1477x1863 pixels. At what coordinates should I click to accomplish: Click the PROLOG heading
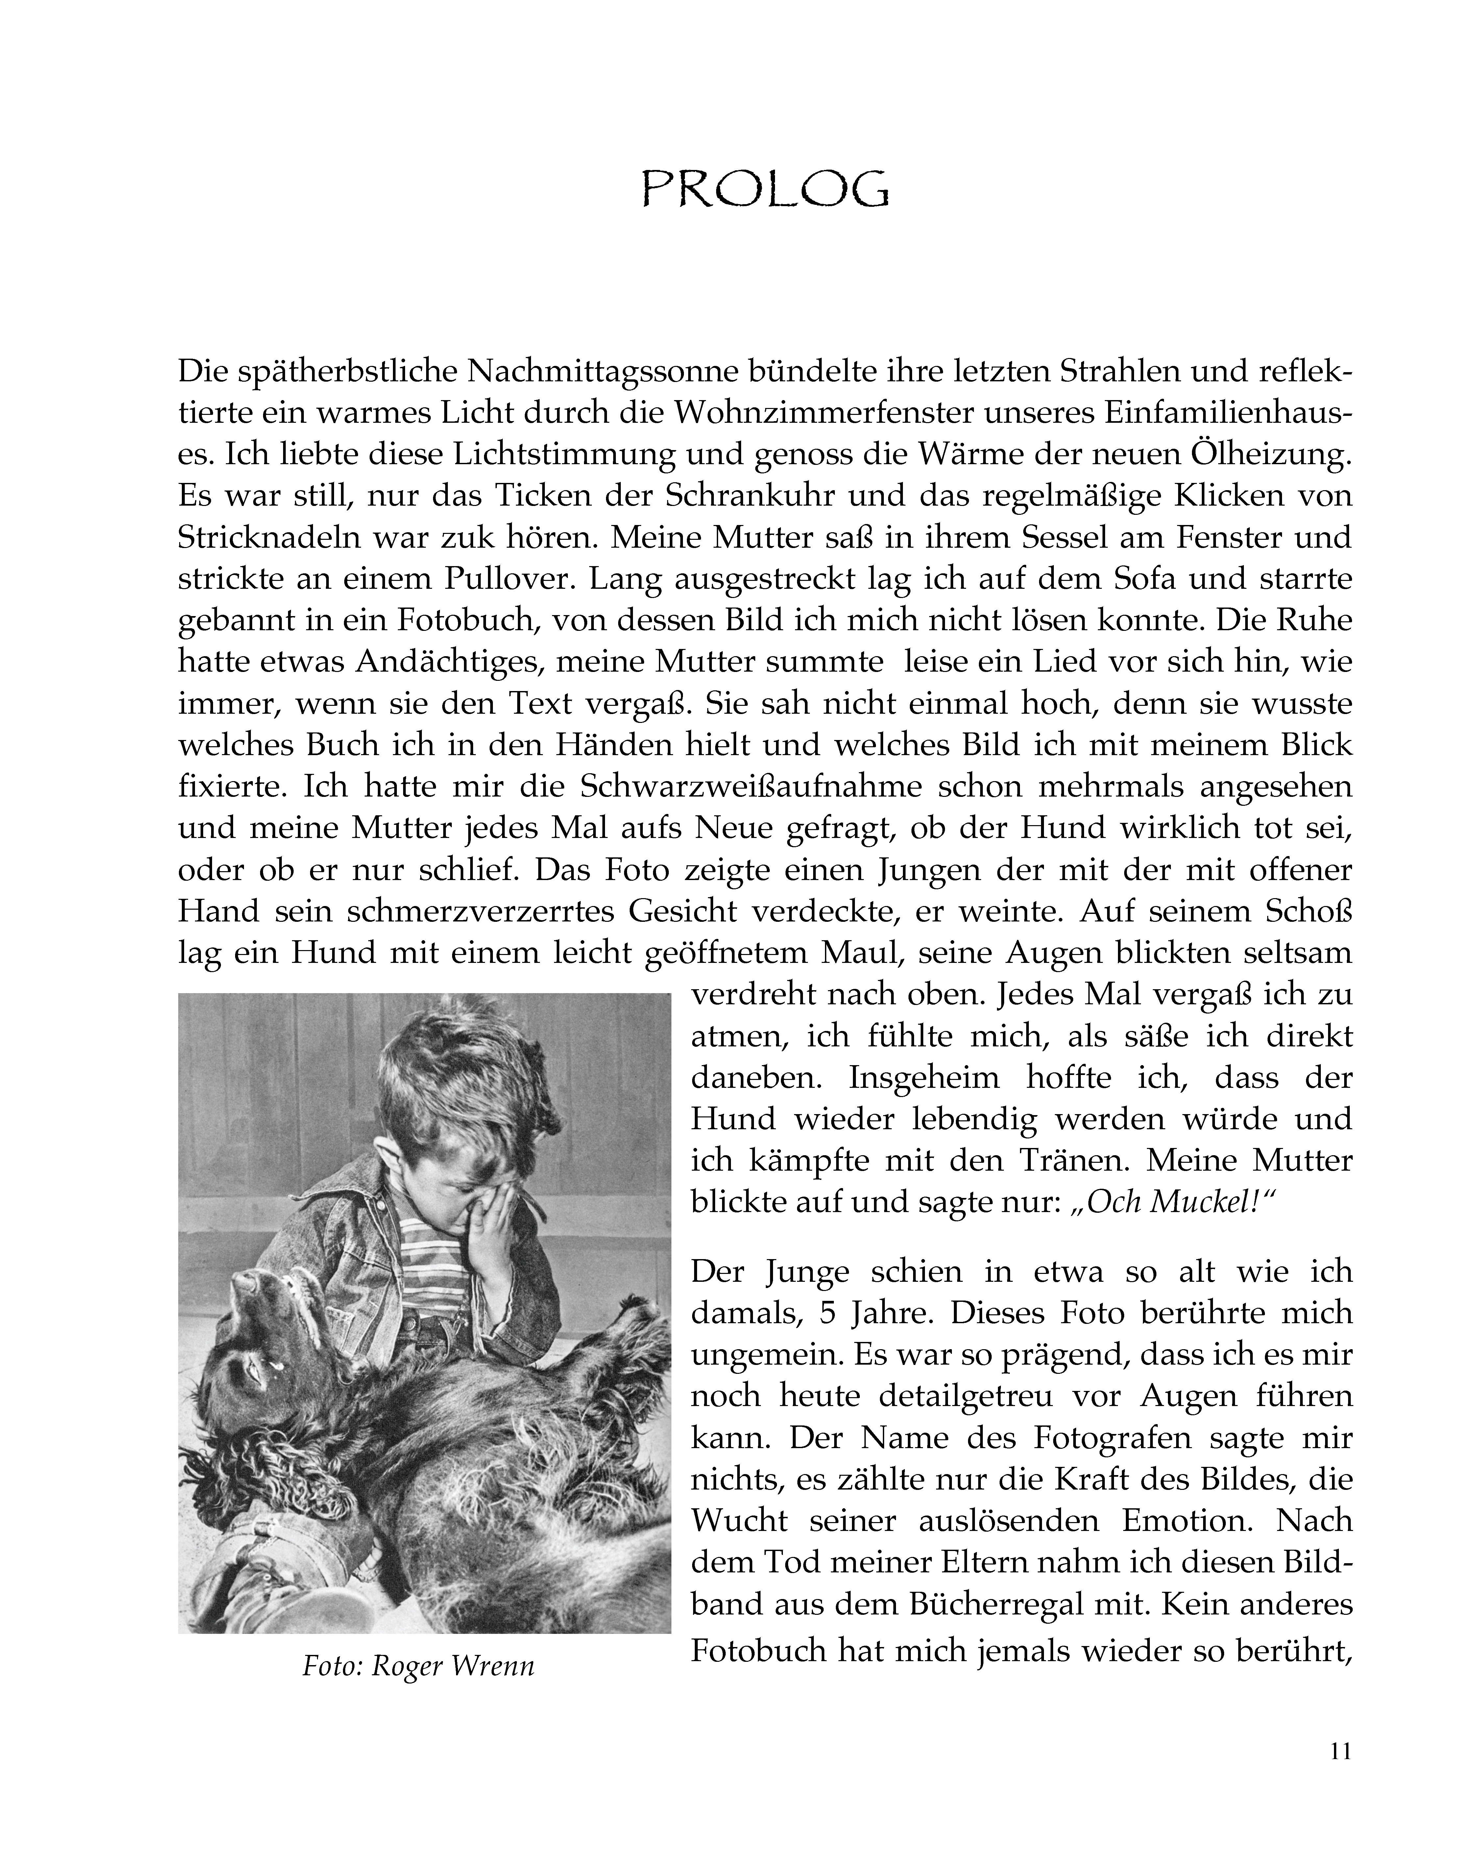765,188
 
